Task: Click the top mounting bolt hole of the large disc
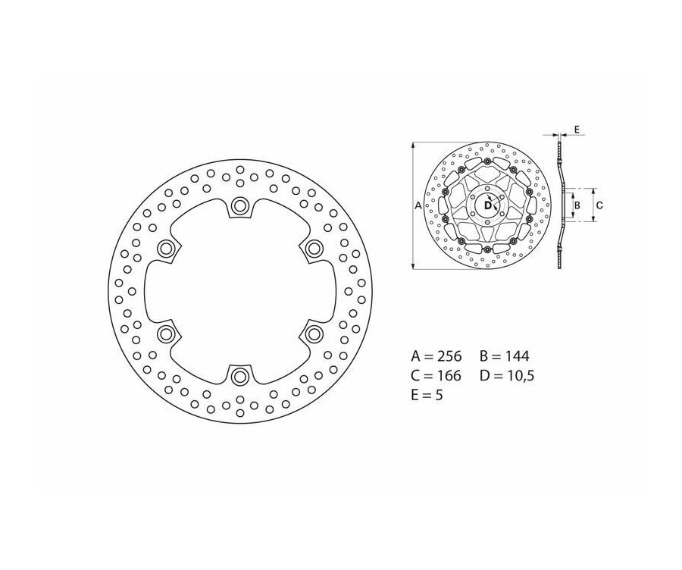(x=240, y=205)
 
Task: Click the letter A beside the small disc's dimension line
(x=418, y=204)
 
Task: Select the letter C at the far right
(x=599, y=205)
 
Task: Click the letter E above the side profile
(x=577, y=130)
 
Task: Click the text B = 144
(x=504, y=355)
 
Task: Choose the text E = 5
(x=429, y=395)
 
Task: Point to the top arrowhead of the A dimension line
(x=411, y=143)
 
